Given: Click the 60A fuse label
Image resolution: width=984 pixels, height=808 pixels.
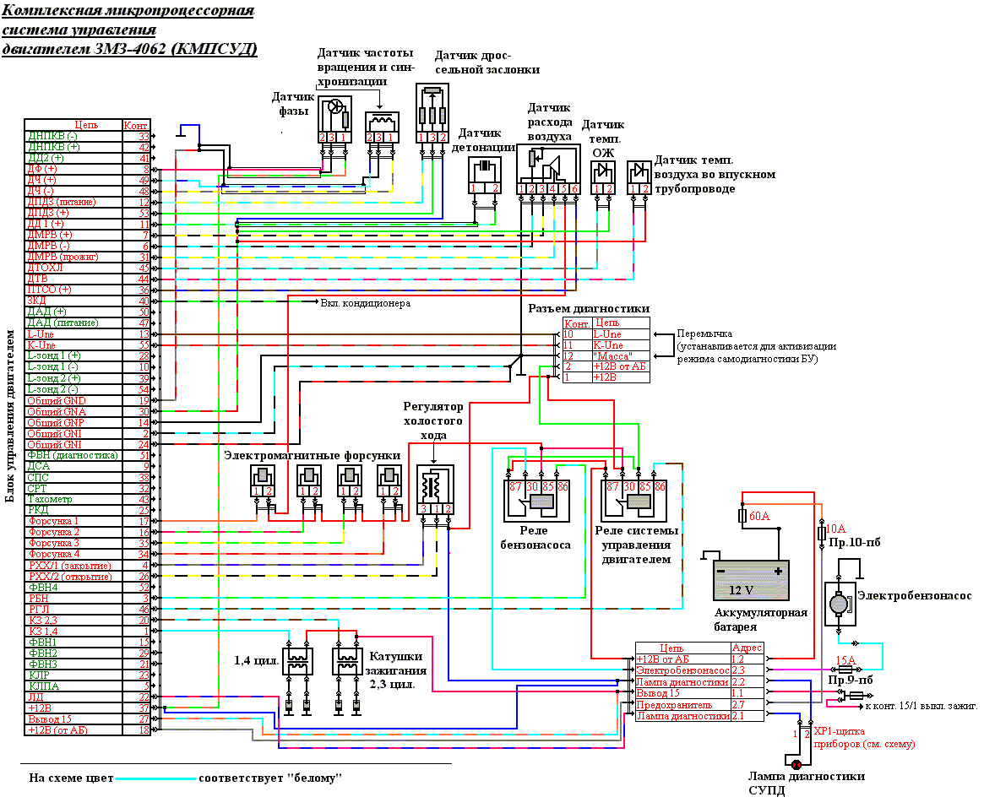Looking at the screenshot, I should (760, 516).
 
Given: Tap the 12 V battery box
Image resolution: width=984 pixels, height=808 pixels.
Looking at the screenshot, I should (751, 579).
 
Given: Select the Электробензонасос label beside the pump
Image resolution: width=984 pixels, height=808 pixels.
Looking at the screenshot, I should (914, 596).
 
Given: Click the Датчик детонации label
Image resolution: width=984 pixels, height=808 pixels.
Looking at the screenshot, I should (487, 139).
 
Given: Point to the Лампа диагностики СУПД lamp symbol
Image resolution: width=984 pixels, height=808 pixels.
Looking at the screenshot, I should (796, 764).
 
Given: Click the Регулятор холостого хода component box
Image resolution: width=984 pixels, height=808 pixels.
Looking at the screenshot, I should (435, 491).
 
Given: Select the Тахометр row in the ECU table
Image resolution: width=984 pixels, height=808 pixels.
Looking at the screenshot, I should (50, 499).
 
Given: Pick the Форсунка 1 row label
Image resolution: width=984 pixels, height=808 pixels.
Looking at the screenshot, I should (54, 521).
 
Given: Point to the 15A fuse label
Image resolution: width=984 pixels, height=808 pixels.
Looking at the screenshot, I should (845, 660).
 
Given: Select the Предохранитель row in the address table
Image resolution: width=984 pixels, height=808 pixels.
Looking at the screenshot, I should (674, 704).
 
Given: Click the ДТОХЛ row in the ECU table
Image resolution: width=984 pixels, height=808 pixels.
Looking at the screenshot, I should (42, 268).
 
